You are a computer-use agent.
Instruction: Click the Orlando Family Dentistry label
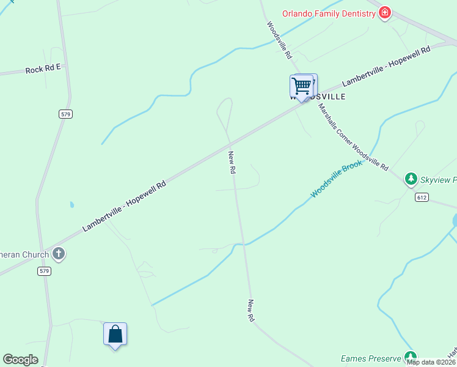tap(328, 13)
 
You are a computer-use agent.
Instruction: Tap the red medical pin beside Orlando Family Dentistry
tap(384, 12)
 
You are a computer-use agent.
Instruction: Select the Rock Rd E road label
tap(43, 70)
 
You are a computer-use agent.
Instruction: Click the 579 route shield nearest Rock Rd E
tap(66, 114)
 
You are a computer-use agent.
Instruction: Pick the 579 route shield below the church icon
tap(43, 270)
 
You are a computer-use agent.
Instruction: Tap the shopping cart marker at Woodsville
tap(301, 86)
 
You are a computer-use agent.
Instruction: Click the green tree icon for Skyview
tap(411, 179)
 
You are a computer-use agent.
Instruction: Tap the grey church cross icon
tap(59, 253)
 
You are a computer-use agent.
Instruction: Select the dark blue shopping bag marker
tap(115, 335)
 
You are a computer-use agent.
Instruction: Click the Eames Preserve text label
tap(371, 358)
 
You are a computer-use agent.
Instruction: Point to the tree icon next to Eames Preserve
tap(411, 357)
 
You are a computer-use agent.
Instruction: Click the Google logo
tap(20, 360)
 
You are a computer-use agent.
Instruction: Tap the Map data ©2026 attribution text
tap(431, 362)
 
